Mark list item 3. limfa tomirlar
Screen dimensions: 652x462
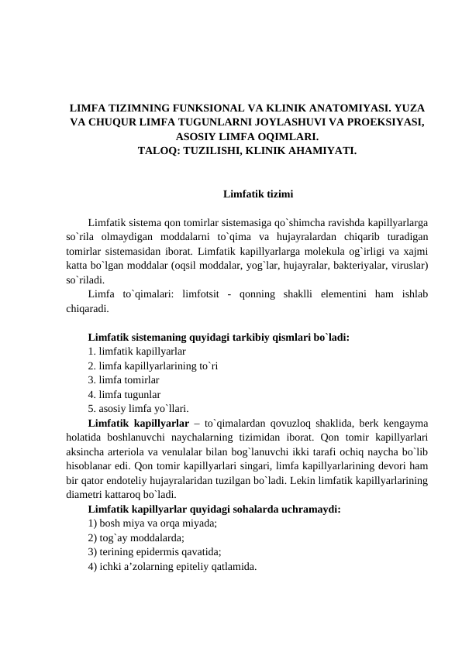tap(124, 380)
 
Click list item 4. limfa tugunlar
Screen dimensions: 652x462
tap(125, 394)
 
